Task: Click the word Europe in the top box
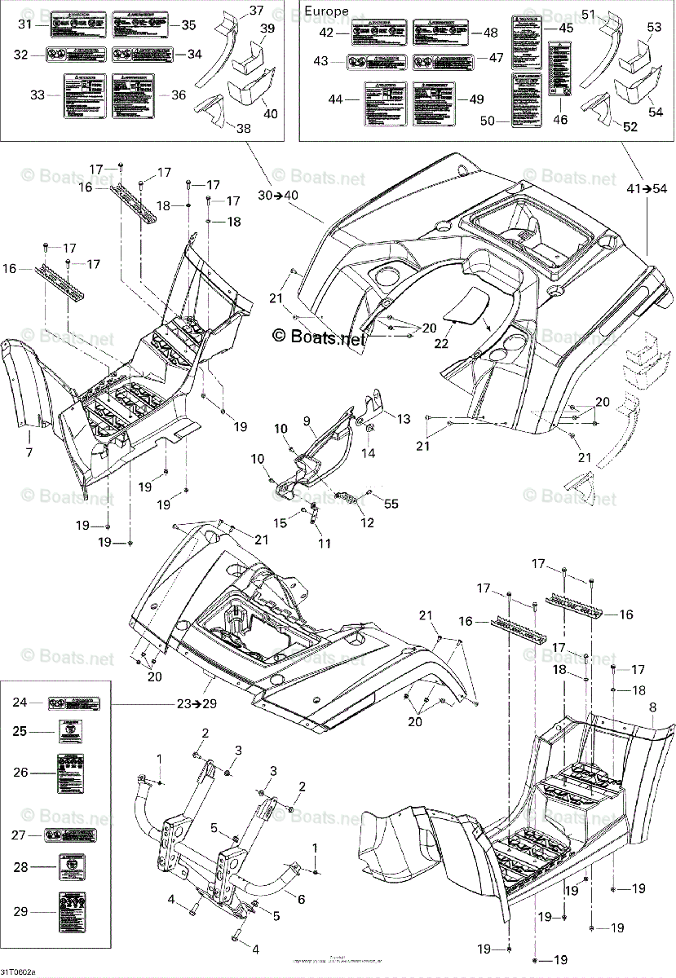click(x=326, y=11)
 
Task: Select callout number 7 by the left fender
click(x=29, y=452)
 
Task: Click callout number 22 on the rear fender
click(x=441, y=344)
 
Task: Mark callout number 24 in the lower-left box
click(x=20, y=702)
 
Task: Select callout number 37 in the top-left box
click(x=256, y=11)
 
